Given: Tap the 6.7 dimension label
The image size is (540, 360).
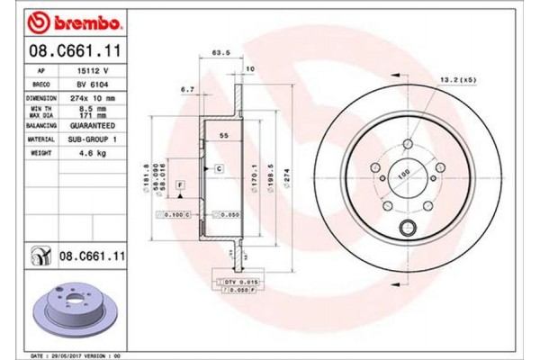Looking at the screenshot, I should pyautogui.click(x=186, y=89).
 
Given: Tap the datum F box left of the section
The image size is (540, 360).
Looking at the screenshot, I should pyautogui.click(x=181, y=184).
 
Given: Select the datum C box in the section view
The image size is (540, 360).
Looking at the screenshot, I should pyautogui.click(x=218, y=168).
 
